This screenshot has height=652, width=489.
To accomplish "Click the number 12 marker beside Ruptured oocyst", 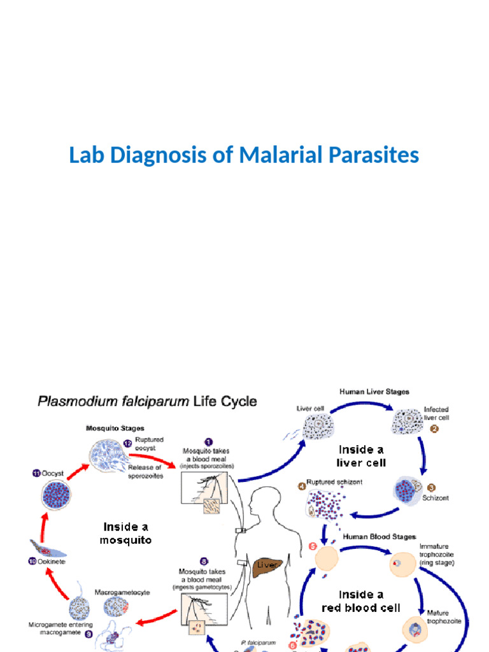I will point(127,443).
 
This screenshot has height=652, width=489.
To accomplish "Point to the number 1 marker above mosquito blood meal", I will point(208,441).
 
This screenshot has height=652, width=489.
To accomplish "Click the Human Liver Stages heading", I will point(374,392).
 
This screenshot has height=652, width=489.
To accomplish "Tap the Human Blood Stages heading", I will point(379,536).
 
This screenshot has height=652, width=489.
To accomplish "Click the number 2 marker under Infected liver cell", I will point(434,429).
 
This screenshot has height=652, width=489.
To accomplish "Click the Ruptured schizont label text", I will point(334,482).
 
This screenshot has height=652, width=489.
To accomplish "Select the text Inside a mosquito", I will point(125,533).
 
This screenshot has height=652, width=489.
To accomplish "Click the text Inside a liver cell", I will point(362,455).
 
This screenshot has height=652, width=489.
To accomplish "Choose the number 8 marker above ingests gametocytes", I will point(204,562).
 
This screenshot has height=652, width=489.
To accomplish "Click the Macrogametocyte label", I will point(122,592).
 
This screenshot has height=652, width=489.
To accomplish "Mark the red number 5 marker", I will point(313,546).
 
